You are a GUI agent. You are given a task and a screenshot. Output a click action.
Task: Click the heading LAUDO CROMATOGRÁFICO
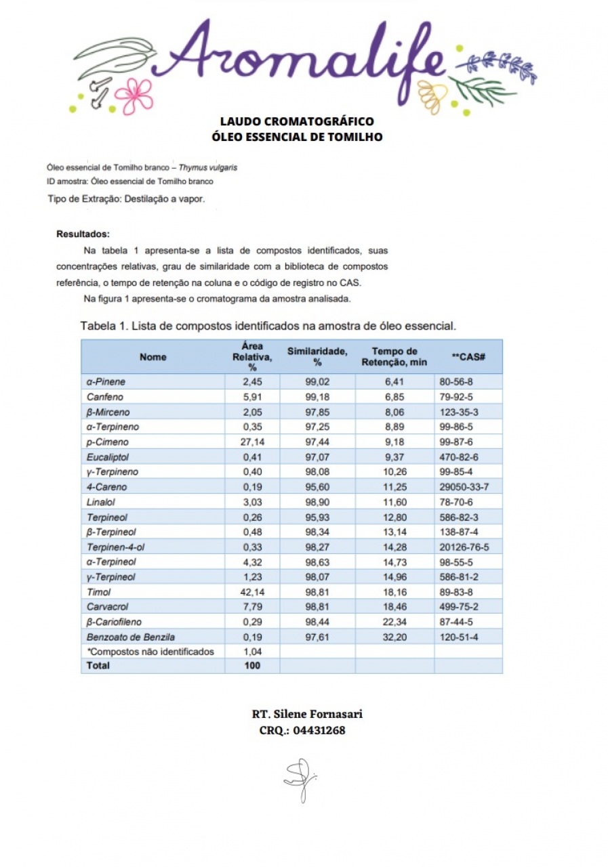(x=297, y=121)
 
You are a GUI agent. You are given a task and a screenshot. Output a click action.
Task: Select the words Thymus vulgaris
(x=208, y=167)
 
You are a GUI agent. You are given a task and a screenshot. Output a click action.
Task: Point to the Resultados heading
(x=83, y=234)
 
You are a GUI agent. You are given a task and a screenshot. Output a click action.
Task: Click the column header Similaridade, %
(x=317, y=356)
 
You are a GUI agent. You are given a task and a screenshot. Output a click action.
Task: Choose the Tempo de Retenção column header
(x=394, y=356)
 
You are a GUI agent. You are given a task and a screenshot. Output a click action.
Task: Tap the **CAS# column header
(x=468, y=356)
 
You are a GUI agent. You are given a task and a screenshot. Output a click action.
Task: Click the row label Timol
(x=99, y=592)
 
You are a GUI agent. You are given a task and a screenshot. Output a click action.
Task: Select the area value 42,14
(x=252, y=592)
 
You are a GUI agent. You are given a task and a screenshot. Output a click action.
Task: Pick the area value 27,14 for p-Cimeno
(x=252, y=442)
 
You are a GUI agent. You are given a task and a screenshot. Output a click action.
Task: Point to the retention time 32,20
(x=394, y=637)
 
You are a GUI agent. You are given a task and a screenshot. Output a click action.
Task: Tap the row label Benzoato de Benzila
(x=131, y=637)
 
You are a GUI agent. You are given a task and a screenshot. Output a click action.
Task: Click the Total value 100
(x=252, y=665)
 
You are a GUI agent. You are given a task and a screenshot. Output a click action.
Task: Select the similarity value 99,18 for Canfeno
(x=317, y=397)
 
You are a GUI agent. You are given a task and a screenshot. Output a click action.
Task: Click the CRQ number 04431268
(x=319, y=731)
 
